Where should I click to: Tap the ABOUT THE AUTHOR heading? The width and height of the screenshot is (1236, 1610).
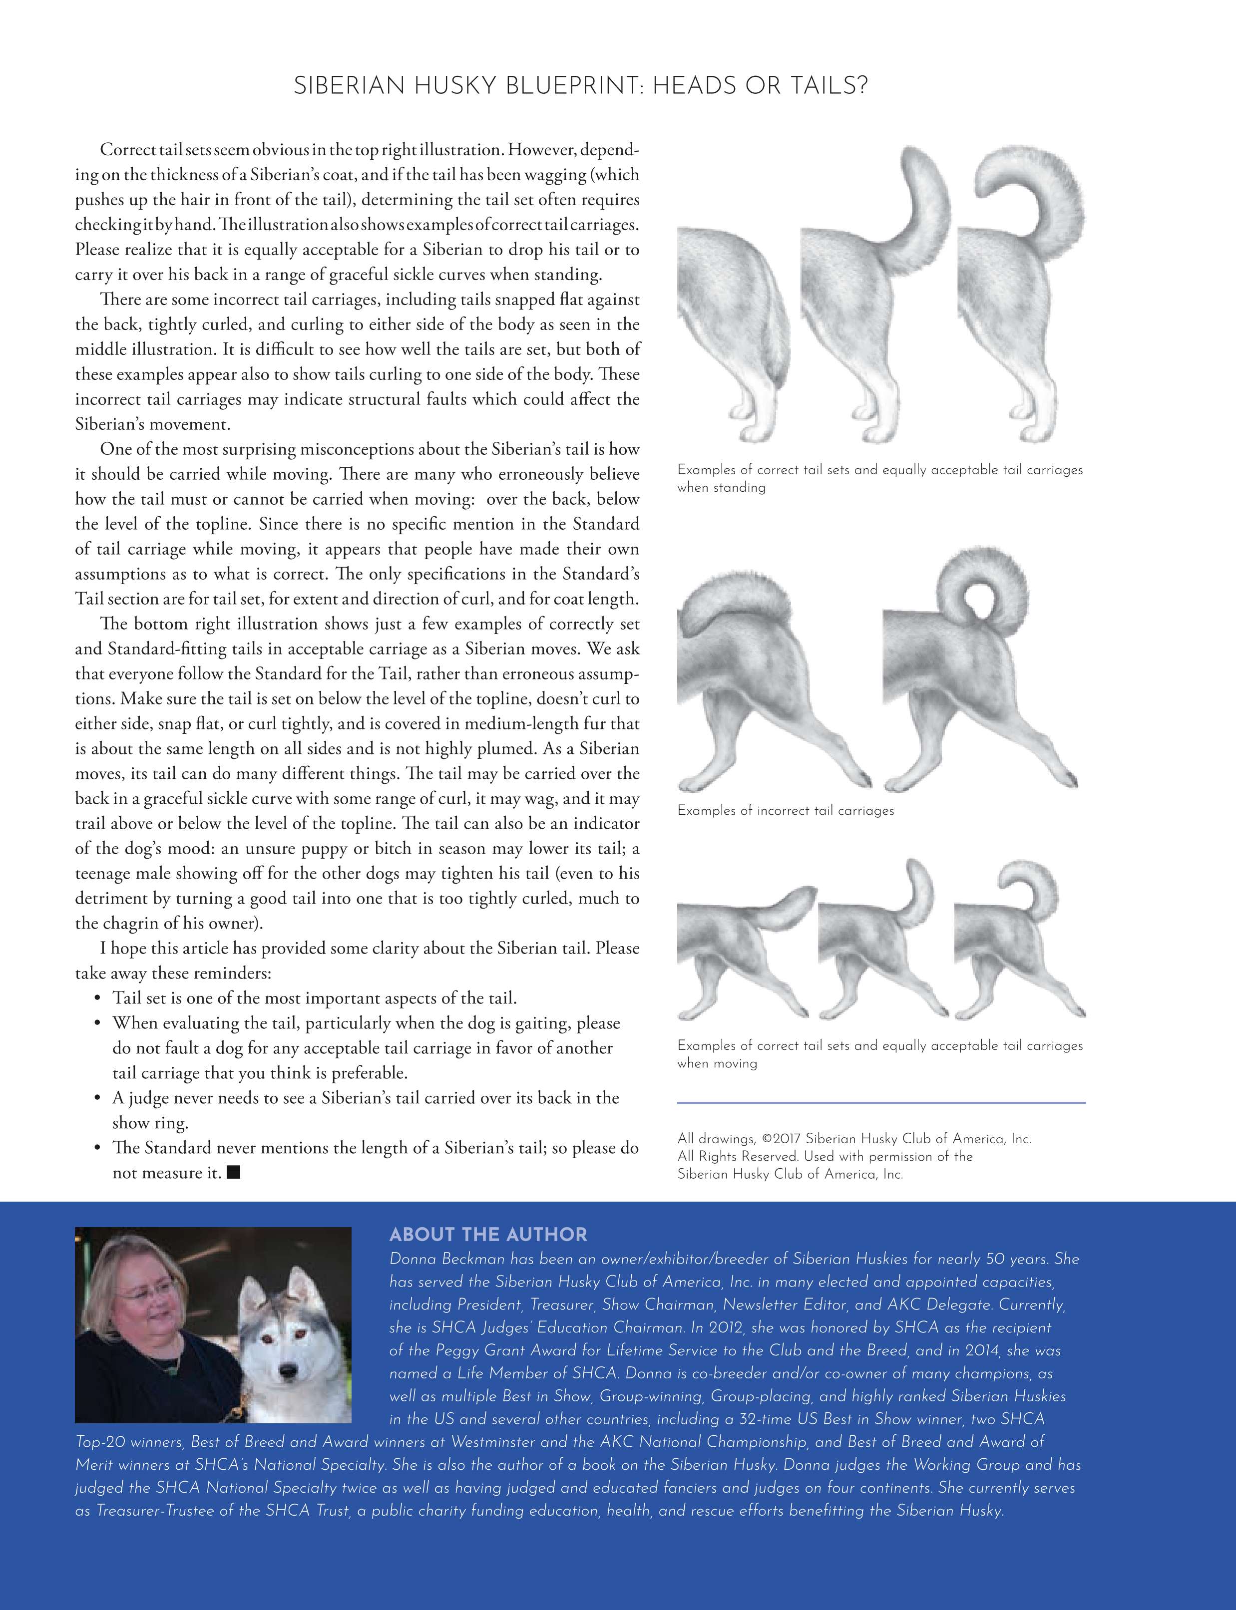(488, 1234)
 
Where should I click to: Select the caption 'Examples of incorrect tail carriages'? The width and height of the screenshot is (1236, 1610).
(785, 811)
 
